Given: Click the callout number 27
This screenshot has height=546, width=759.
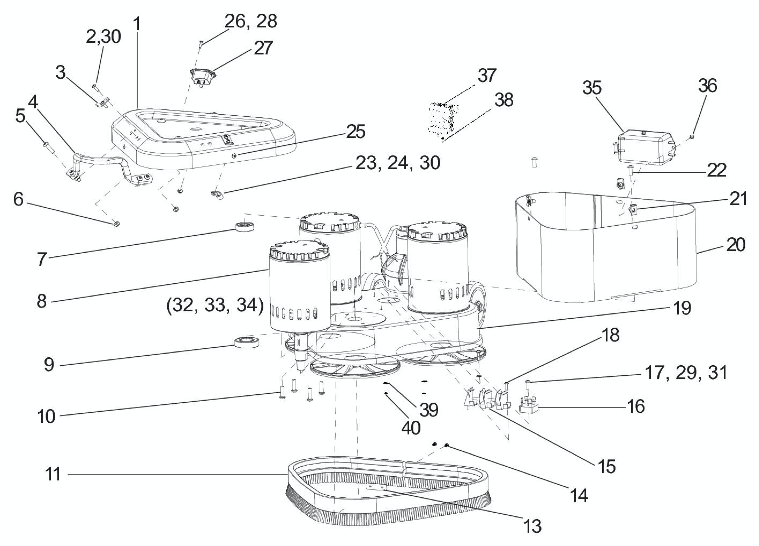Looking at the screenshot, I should (263, 48).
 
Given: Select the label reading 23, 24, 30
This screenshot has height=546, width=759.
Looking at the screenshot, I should (398, 163).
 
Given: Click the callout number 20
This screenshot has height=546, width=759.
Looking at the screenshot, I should (736, 245).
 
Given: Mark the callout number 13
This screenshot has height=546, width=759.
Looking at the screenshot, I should (532, 526).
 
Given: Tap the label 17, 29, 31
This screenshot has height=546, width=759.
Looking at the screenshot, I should (686, 373).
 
